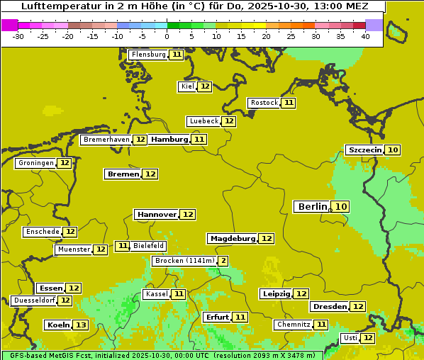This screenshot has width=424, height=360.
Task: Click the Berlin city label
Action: pos(312,206)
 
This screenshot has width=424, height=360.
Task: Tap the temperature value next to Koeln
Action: pos(81,325)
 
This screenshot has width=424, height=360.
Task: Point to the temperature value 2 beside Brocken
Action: pos(223,261)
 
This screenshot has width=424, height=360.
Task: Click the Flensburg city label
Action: pos(148,55)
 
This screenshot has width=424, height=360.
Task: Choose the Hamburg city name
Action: pos(169,140)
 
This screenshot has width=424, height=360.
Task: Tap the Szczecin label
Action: pos(364,150)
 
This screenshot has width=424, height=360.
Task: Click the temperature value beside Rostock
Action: pos(289,103)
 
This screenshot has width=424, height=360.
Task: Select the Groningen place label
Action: pos(35,163)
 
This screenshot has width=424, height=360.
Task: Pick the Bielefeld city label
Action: pos(148,246)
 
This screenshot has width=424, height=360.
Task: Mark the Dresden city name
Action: pos(329,307)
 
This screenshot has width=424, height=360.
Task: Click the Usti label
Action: pos(350,338)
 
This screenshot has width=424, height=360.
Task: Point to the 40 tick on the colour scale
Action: pos(365,37)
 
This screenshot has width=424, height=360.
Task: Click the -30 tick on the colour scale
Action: pos(18,37)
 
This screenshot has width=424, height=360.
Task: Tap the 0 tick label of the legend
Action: pos(167,37)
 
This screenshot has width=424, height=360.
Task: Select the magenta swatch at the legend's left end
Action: pos(9,25)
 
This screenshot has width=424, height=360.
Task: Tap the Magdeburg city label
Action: pos(232,239)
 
